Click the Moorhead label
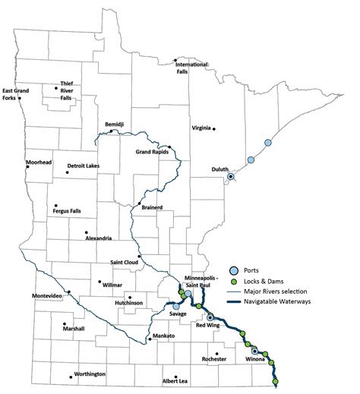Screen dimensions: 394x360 pyautogui.click(x=39, y=162)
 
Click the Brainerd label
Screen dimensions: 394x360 pyautogui.click(x=153, y=206)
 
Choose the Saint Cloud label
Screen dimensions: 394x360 pyautogui.click(x=127, y=263)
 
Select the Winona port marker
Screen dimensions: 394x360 pyautogui.click(x=255, y=350)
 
